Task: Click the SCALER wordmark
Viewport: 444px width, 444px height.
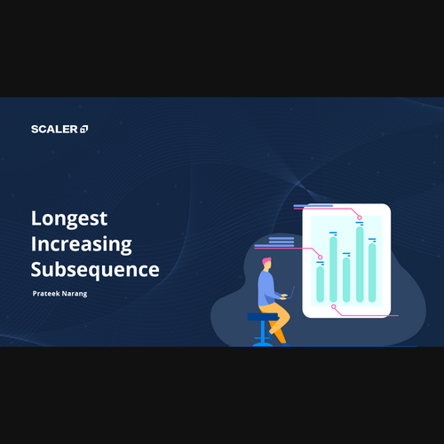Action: click(x=54, y=129)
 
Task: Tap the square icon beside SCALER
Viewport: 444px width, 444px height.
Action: click(x=84, y=129)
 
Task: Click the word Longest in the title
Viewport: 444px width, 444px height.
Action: click(x=69, y=219)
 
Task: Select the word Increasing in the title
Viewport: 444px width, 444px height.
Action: click(x=82, y=245)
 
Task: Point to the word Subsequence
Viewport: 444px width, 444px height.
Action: click(x=95, y=270)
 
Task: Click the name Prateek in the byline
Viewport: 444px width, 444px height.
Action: click(x=46, y=293)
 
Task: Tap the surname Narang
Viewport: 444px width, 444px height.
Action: click(x=75, y=294)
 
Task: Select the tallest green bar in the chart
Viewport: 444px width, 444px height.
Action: click(x=360, y=264)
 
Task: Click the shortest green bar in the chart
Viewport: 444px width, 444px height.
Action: click(x=321, y=284)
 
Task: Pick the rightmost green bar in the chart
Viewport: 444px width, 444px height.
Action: click(x=372, y=273)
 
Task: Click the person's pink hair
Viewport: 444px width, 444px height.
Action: click(x=266, y=261)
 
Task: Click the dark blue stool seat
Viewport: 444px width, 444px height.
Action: click(x=263, y=317)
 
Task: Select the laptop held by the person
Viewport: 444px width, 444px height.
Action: click(x=291, y=292)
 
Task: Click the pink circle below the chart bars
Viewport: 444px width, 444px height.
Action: click(x=334, y=306)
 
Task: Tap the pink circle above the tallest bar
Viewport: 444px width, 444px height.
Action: click(x=360, y=218)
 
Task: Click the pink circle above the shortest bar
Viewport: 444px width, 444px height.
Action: click(x=321, y=257)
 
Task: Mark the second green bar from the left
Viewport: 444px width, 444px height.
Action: click(x=333, y=269)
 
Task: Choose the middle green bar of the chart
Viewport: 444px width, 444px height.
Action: click(x=346, y=280)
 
